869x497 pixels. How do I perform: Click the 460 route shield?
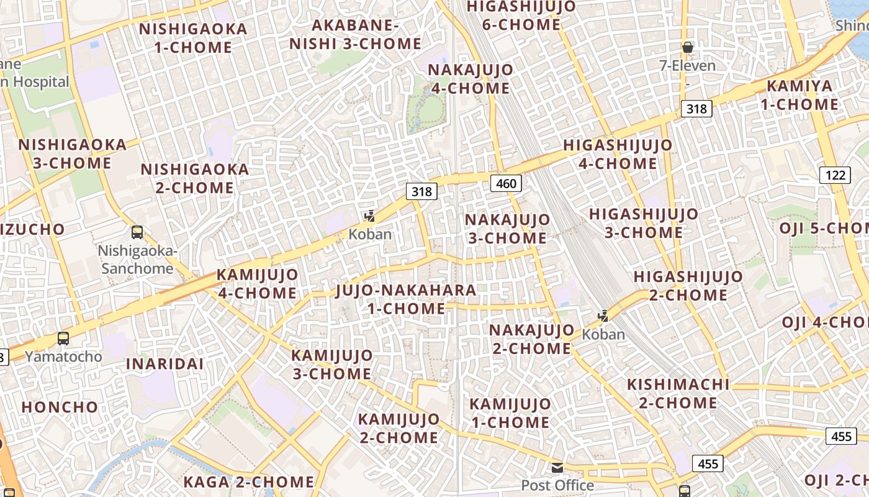pos(506,183)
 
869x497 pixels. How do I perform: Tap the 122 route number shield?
pos(835,175)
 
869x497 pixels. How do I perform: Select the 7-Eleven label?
pos(687,65)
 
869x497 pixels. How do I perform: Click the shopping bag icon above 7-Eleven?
pos(687,47)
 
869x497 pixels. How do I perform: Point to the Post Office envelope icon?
pos(557,468)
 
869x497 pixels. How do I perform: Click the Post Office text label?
pos(557,485)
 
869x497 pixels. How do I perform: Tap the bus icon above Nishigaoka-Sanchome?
pos(137,232)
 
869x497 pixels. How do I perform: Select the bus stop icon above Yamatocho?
pos(63,339)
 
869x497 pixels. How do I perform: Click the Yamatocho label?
pos(63,357)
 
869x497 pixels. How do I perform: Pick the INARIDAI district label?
pos(165,364)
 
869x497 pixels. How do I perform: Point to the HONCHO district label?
pos(60,408)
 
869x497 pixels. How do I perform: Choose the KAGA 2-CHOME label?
pos(249,481)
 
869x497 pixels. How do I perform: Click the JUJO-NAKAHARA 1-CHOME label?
pos(406,299)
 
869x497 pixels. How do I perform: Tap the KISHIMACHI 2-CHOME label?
pos(678,393)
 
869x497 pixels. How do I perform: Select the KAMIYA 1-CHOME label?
pos(799,95)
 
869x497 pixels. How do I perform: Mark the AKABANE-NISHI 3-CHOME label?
pos(355,35)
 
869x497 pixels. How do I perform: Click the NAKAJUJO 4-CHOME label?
pos(471,79)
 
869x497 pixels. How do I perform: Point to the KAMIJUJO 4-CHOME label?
pos(257,283)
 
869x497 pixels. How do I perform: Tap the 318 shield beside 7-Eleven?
pos(696,109)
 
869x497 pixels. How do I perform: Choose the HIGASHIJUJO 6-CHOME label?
pos(521,16)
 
